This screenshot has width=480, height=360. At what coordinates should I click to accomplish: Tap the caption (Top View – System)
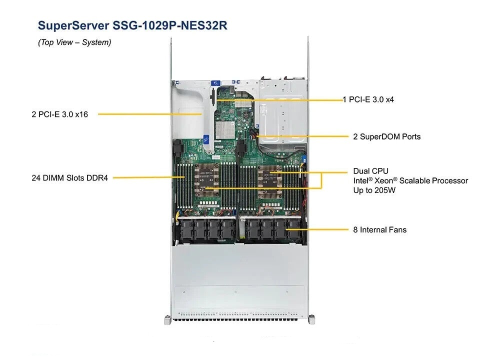coord(74,42)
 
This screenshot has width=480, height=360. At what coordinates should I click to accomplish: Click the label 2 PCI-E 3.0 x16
coord(59,114)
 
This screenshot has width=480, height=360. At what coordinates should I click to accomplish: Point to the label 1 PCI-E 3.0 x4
coord(368,99)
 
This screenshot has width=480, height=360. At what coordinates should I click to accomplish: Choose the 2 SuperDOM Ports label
coord(387,136)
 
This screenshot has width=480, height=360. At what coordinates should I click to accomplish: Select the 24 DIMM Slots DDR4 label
coord(69,177)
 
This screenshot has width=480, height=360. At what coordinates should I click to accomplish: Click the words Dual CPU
coord(370,171)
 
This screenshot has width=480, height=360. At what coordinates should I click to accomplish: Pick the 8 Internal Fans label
coord(379,230)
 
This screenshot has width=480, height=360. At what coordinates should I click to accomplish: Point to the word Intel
coord(363,180)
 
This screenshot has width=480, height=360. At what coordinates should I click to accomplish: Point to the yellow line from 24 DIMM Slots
coord(145,177)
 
